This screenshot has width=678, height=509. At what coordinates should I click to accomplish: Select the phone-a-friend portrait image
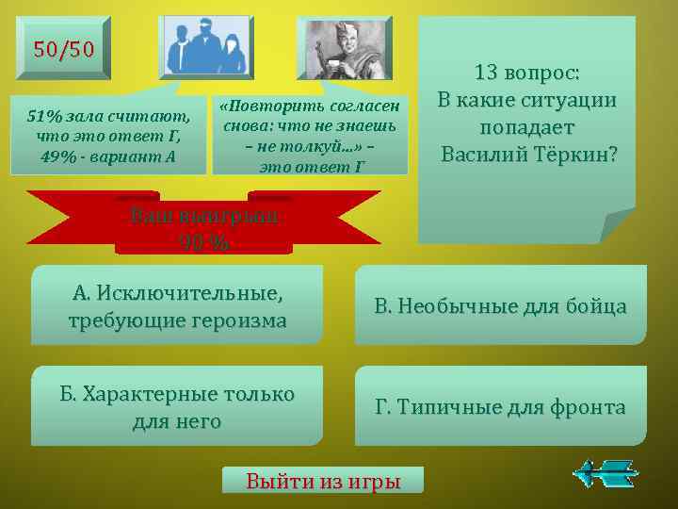[344, 46]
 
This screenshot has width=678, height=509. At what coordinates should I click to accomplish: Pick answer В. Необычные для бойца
[500, 305]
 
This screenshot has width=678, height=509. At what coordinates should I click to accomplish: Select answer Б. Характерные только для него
[177, 406]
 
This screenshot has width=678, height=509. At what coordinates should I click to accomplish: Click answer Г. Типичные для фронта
[500, 406]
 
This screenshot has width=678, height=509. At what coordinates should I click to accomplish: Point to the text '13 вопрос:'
[526, 73]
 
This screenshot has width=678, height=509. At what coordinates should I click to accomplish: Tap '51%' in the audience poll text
[44, 117]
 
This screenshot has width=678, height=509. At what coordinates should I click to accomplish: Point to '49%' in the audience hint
[58, 155]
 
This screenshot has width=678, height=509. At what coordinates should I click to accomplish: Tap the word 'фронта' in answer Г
[587, 407]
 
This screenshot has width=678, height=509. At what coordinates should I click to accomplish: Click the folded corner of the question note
[617, 226]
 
